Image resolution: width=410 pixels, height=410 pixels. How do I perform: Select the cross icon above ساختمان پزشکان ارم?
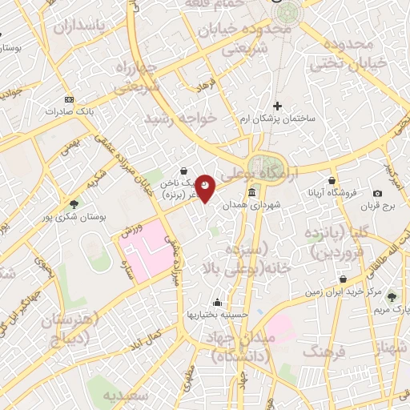click(277, 105)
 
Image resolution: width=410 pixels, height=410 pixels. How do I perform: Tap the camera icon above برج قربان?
click(378, 194)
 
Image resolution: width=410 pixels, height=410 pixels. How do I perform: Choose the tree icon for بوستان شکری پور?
click(74, 203)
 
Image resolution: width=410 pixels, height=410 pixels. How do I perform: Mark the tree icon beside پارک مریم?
click(392, 297)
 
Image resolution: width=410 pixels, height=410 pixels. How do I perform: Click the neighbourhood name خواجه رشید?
click(180, 118)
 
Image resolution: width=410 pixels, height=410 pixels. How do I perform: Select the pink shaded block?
click(148, 258)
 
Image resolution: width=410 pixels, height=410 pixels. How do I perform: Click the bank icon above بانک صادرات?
click(69, 98)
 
